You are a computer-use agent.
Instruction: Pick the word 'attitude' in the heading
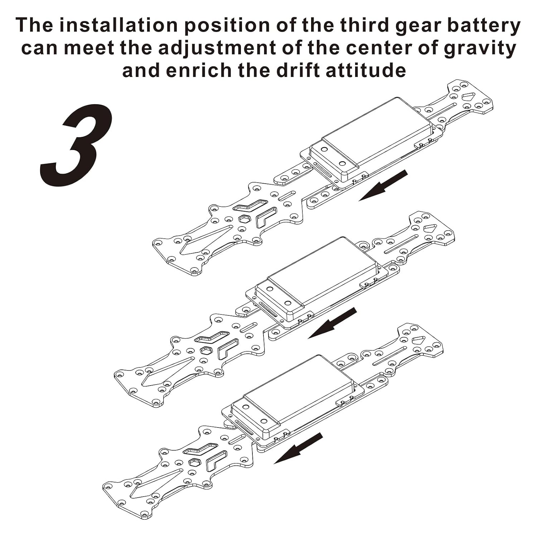point(366,70)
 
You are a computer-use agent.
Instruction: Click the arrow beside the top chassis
point(383,185)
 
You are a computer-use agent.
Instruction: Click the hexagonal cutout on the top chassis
point(244,219)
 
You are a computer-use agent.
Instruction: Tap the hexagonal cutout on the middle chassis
point(205,350)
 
